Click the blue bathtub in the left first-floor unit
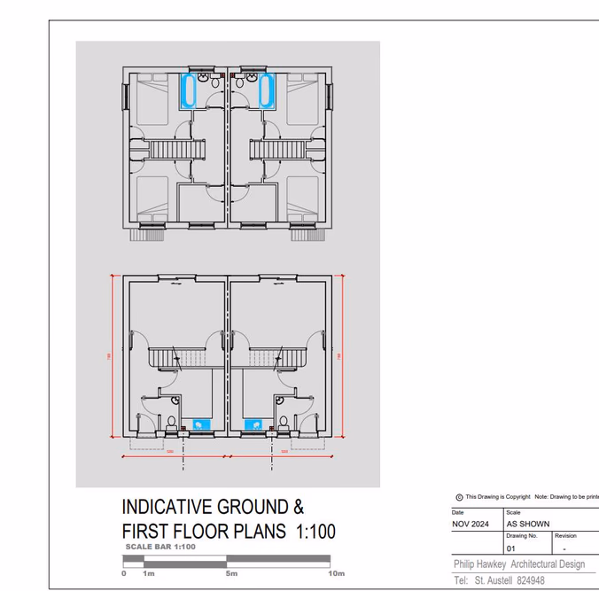tap(188, 91)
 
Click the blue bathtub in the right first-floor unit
tap(266, 91)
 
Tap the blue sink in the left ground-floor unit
tap(198, 425)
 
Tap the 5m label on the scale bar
tap(231, 574)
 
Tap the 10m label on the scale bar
tap(337, 574)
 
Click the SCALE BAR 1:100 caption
tap(160, 547)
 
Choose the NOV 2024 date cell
tap(470, 524)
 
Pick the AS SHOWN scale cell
tap(528, 524)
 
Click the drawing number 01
tap(510, 548)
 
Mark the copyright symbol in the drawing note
tap(459, 497)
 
